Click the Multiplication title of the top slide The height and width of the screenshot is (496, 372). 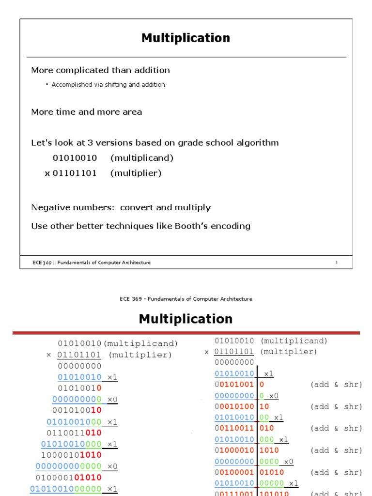tap(186, 38)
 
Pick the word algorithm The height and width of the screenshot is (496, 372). tap(259, 143)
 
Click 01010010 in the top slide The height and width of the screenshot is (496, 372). tap(75, 158)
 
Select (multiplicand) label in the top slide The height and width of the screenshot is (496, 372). tap(141, 158)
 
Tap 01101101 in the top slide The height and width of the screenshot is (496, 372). tap(75, 173)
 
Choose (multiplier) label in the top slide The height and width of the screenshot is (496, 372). tap(136, 173)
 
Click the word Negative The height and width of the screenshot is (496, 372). tap(50, 207)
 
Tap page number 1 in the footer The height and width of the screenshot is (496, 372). tap(336, 263)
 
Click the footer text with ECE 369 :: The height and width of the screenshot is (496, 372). tap(91, 263)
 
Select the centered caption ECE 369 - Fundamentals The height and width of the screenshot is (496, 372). tap(186, 299)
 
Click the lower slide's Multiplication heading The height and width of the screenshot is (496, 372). tap(186, 319)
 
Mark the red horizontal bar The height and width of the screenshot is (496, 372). tap(186, 333)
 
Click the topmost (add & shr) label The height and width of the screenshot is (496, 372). tap(336, 385)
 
